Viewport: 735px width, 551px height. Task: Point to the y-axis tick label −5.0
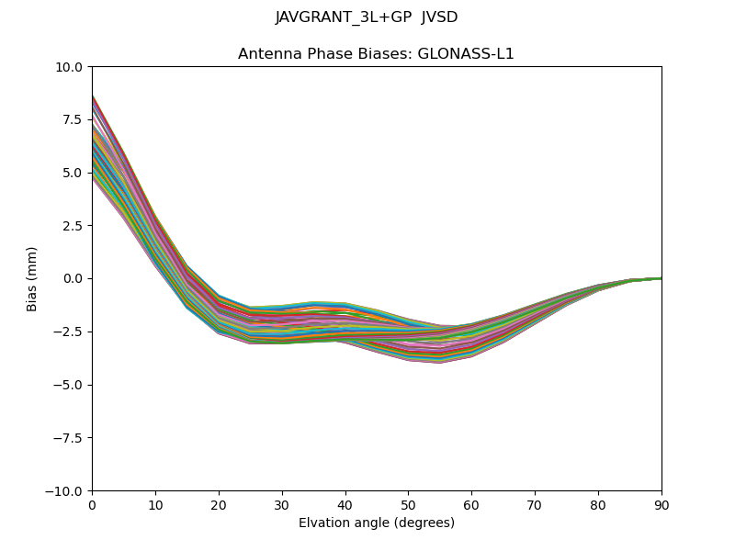tap(69, 385)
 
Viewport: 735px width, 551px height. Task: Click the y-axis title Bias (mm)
tap(32, 278)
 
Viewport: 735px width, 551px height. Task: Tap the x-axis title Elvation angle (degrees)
tap(377, 523)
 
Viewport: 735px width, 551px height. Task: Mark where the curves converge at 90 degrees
tap(661, 277)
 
